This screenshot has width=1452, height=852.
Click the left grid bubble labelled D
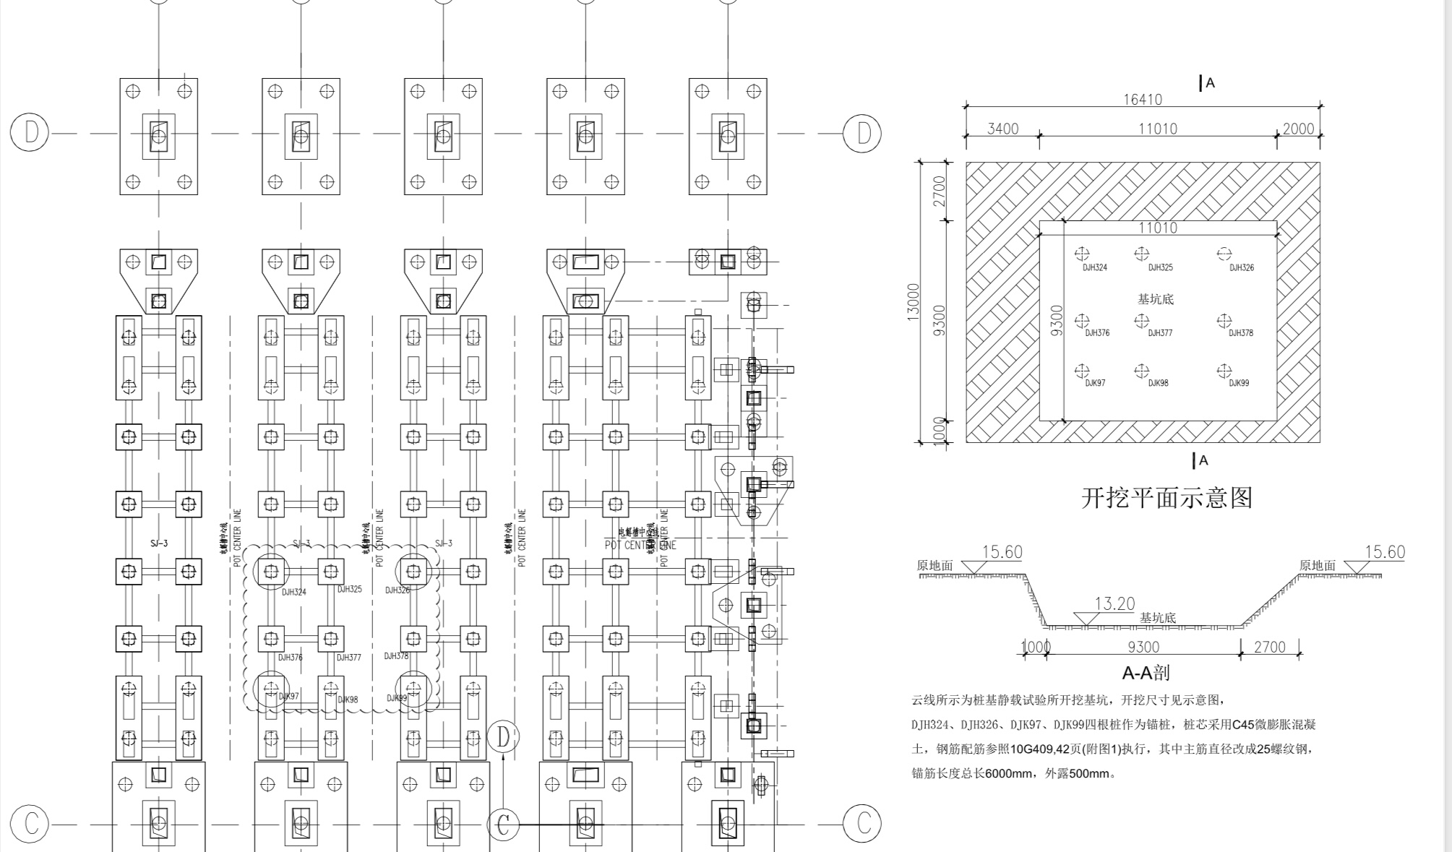(30, 132)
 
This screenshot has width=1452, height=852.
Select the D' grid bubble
(504, 736)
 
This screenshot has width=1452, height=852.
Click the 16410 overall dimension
(1142, 100)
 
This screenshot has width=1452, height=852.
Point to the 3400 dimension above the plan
(1002, 129)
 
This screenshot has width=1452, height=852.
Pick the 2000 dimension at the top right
(1298, 129)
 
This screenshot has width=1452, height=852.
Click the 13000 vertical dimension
(913, 302)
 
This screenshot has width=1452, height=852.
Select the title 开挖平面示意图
(1167, 498)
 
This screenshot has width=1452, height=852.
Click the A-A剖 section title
(1146, 673)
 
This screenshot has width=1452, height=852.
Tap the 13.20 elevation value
(1114, 603)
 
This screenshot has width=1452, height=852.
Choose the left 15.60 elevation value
(1002, 552)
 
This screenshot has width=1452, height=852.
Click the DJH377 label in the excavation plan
(1160, 333)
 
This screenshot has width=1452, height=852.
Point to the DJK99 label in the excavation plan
(1239, 383)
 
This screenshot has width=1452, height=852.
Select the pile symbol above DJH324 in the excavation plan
(1081, 254)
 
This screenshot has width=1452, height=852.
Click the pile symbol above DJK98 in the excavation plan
(1141, 371)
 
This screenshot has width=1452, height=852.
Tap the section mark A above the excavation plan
(1210, 83)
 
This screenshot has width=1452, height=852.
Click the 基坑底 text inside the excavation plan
(1156, 299)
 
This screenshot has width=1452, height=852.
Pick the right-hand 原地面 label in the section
(1317, 566)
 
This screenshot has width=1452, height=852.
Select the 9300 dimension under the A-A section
(1143, 647)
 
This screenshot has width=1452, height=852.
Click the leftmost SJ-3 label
(159, 543)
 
